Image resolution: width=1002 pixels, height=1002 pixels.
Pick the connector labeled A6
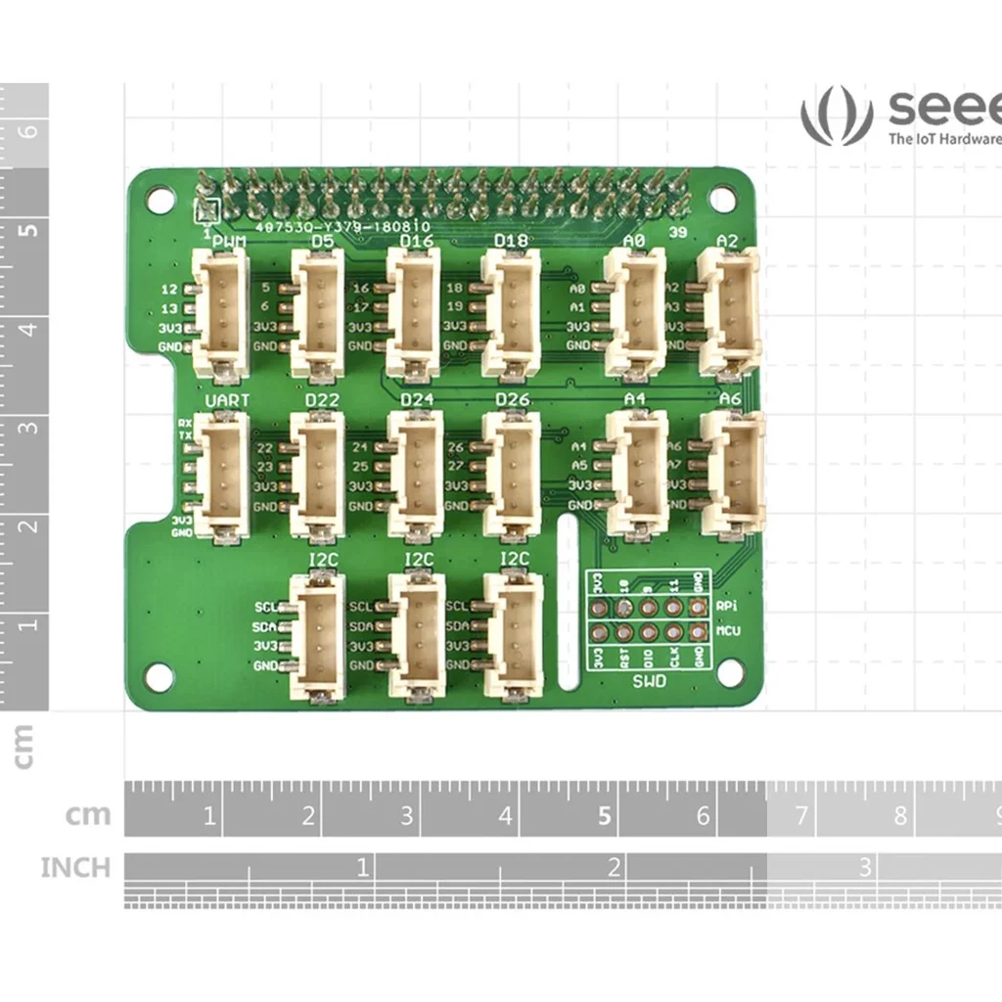732,474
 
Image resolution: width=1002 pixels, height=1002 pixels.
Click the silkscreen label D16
418,241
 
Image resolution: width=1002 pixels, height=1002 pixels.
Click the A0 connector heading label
634,241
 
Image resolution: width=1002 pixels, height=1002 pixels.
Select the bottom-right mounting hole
728,672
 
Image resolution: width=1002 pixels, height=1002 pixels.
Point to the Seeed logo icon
836,115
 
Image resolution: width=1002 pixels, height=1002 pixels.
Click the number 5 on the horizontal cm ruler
605,815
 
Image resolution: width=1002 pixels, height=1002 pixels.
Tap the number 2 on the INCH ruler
615,867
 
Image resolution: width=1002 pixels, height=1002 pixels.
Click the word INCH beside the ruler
75,868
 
